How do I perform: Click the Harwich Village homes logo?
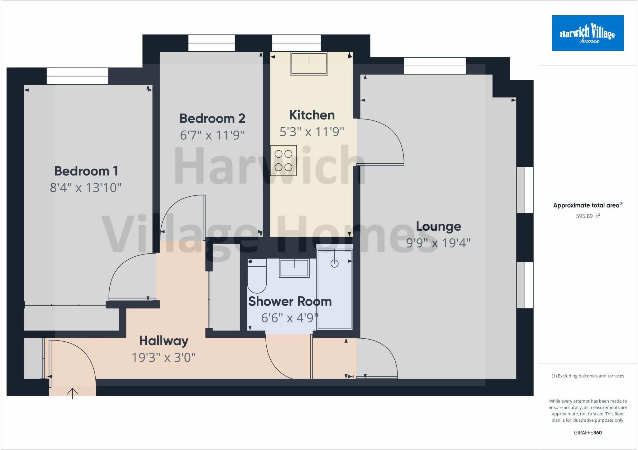pyautogui.click(x=588, y=33)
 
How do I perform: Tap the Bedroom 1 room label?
pyautogui.click(x=86, y=171)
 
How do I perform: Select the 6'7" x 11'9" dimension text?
pyautogui.click(x=212, y=135)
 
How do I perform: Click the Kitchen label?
pyautogui.click(x=312, y=115)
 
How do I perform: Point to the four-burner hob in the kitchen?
pyautogui.click(x=283, y=161)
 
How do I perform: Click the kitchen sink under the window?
pyautogui.click(x=309, y=63)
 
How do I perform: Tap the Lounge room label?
pyautogui.click(x=439, y=227)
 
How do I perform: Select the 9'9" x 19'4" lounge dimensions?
pyautogui.click(x=438, y=243)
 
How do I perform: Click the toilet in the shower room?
pyautogui.click(x=257, y=276)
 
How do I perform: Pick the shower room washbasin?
pyautogui.click(x=294, y=268)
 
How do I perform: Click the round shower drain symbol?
pyautogui.click(x=335, y=264)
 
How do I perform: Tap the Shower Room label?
pyautogui.click(x=290, y=302)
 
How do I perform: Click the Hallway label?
pyautogui.click(x=164, y=341)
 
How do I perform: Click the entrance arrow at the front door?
pyautogui.click(x=73, y=393)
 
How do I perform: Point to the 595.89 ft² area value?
pyautogui.click(x=588, y=216)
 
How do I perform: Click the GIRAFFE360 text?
pyautogui.click(x=588, y=433)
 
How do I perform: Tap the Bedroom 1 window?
pyautogui.click(x=77, y=76)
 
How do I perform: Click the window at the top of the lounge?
pyautogui.click(x=435, y=66)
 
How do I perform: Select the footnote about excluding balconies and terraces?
pyautogui.click(x=588, y=376)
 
